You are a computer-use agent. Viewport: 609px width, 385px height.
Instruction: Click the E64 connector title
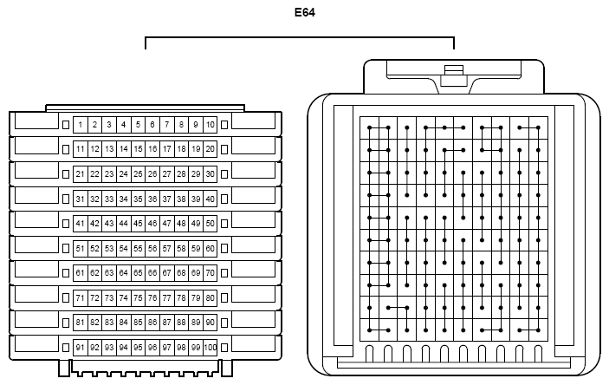(305, 12)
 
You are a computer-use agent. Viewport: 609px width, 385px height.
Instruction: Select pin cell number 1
(80, 125)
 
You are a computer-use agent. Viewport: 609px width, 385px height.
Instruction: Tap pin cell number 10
(211, 125)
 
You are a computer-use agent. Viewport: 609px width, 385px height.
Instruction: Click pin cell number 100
(211, 347)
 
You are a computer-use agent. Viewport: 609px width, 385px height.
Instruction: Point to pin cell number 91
(80, 347)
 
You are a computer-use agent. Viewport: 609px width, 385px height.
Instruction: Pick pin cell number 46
(152, 224)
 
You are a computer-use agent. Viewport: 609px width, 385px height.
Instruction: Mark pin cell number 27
(166, 174)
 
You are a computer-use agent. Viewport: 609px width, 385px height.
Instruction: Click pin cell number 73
(109, 298)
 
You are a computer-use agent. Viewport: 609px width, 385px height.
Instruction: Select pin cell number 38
(181, 199)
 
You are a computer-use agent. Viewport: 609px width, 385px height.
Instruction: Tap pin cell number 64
(124, 273)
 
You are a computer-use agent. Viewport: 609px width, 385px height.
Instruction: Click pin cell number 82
(94, 323)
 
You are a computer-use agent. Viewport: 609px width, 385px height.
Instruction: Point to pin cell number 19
(196, 149)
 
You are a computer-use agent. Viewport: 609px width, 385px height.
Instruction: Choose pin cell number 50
(211, 224)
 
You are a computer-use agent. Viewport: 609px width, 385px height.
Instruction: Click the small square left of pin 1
(66, 125)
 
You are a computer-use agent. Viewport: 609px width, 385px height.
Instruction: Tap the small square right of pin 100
(224, 347)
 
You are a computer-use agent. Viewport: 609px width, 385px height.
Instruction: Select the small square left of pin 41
(66, 224)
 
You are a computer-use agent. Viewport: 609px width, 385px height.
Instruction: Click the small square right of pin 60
(224, 249)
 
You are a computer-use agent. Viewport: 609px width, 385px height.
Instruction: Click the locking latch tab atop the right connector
(454, 75)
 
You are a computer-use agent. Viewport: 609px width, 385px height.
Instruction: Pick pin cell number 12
(94, 149)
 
